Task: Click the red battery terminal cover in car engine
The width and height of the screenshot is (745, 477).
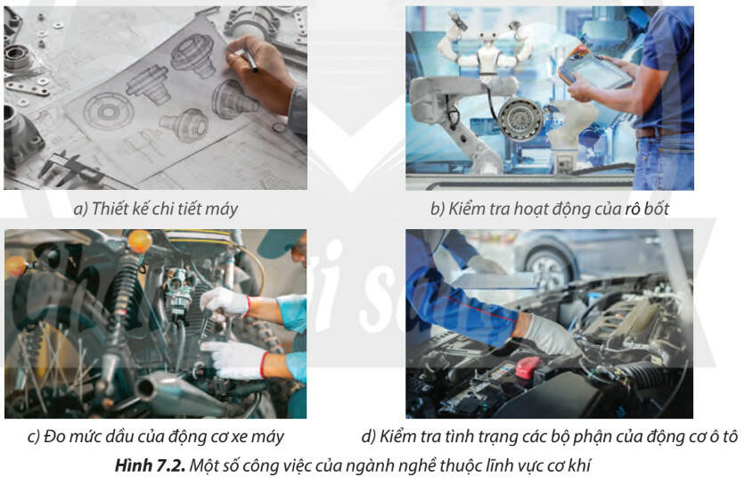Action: (x=529, y=366)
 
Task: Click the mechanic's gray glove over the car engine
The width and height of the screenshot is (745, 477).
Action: (x=552, y=335)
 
